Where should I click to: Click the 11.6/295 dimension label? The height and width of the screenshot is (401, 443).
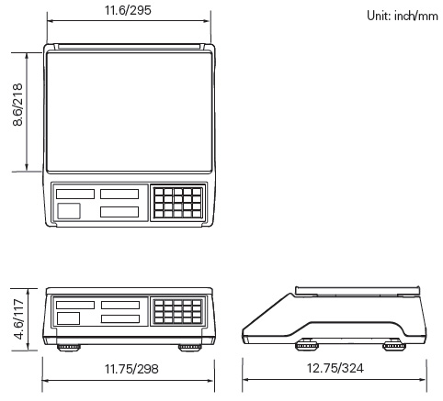pos(128,10)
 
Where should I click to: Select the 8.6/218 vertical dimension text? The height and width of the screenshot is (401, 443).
pos(17,105)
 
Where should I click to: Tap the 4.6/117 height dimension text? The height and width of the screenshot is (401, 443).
pos(19,319)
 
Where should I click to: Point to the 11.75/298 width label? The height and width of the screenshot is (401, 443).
pos(131,369)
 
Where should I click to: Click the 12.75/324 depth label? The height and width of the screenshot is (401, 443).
pos(335,368)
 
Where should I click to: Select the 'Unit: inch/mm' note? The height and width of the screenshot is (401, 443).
pos(403,16)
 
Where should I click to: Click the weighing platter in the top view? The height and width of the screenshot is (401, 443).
pos(129,112)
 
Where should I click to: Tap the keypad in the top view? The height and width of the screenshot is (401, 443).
pos(178,203)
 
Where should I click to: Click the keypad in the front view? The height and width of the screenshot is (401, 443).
pos(178,311)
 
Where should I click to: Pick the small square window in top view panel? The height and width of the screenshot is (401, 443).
pos(69,211)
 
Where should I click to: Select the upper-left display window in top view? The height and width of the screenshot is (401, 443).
pos(75,194)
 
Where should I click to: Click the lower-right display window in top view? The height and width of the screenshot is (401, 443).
pos(119,212)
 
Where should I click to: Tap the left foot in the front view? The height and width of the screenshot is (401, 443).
pos(69,348)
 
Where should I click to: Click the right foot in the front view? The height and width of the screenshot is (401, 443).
pos(190,348)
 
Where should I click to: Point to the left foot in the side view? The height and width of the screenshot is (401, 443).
pos(307,345)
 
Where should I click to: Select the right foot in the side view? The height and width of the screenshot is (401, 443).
pos(394,345)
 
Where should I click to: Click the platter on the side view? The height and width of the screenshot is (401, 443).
pos(358,291)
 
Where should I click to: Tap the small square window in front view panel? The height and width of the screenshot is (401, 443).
pos(68,318)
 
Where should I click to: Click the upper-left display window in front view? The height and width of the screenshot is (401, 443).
pos(75,305)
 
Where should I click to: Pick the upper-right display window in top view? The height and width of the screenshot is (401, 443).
pos(119,194)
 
